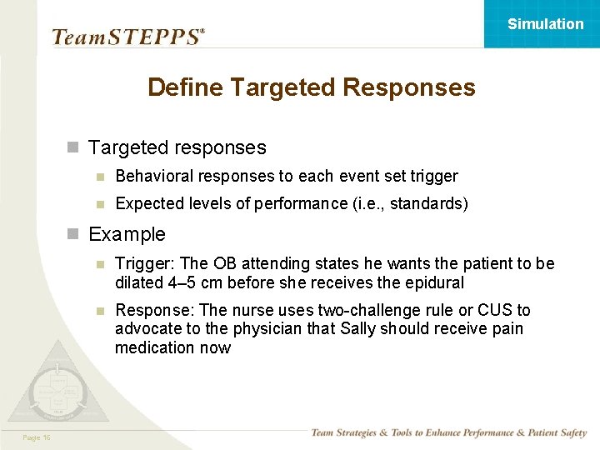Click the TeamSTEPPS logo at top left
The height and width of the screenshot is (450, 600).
[127, 37]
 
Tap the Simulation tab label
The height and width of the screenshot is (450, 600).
[545, 24]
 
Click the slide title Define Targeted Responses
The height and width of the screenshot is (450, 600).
[311, 87]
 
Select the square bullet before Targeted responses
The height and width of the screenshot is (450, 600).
[72, 148]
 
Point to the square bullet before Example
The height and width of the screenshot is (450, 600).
[72, 234]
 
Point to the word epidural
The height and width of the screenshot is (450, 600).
[434, 282]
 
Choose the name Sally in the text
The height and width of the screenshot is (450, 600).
[359, 329]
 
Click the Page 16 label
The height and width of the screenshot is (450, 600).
[37, 437]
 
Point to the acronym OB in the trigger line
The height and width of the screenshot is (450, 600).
[225, 264]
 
